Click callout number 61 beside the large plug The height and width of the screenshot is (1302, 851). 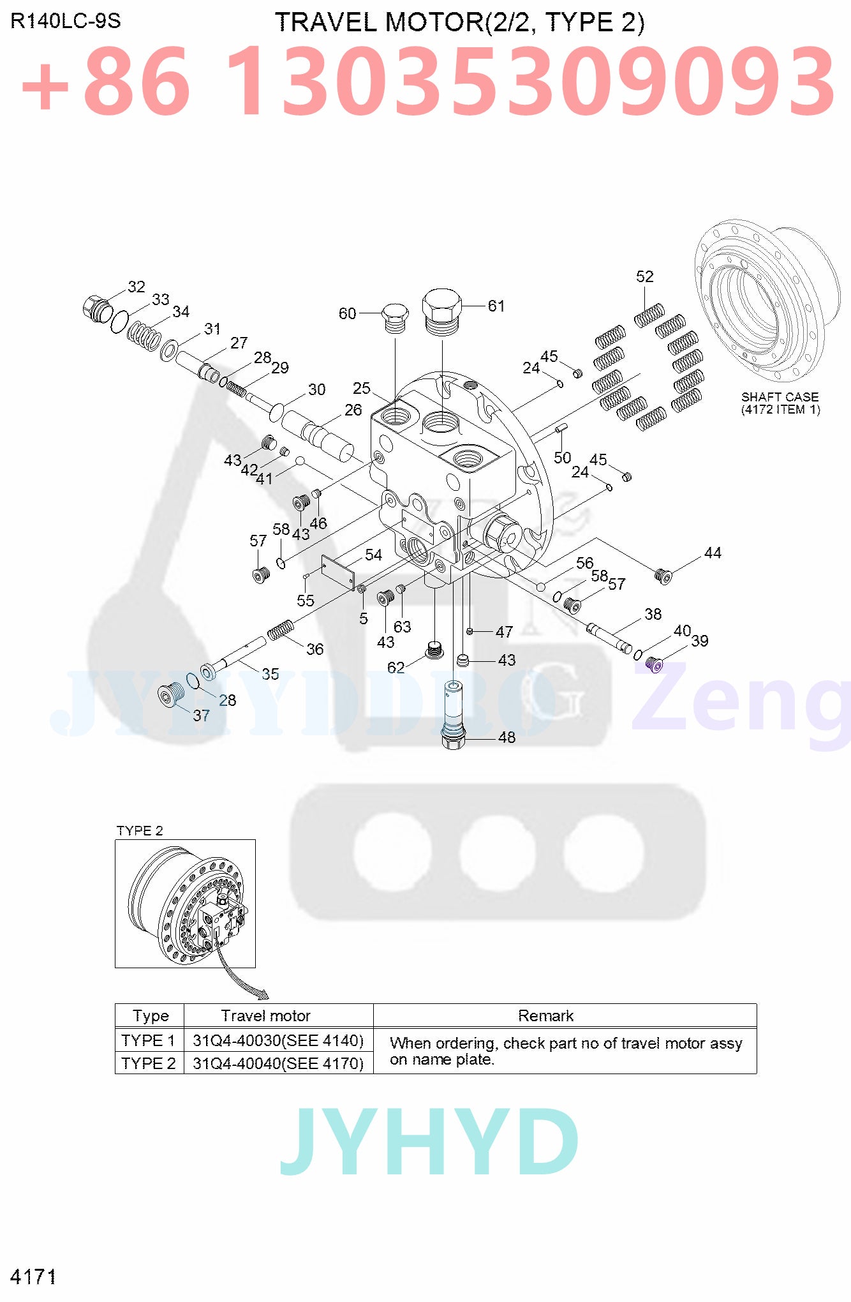point(496,306)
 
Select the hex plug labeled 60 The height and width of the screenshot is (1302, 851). point(395,317)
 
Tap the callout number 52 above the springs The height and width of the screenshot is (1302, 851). point(644,276)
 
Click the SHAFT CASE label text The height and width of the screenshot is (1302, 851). point(780,397)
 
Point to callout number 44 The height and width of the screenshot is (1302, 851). point(713,553)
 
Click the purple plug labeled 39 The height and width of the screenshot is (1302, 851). point(655,665)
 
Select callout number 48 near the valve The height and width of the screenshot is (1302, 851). point(507,737)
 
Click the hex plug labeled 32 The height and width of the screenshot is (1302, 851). point(97,309)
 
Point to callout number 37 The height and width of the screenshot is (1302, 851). point(201,715)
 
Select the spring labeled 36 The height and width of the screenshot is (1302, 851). point(280,629)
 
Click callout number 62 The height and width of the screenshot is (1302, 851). point(396,667)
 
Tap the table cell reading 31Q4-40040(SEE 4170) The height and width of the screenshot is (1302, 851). point(278,1063)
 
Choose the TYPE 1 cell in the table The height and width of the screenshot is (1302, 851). point(149,1040)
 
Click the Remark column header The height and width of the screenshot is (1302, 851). point(545,1015)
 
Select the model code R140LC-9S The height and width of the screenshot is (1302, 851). point(66,21)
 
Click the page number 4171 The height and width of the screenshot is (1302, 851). point(33,1276)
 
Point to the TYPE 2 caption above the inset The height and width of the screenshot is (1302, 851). point(140,830)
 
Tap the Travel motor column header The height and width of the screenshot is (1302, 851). point(265,1015)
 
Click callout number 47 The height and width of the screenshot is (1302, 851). point(504,632)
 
